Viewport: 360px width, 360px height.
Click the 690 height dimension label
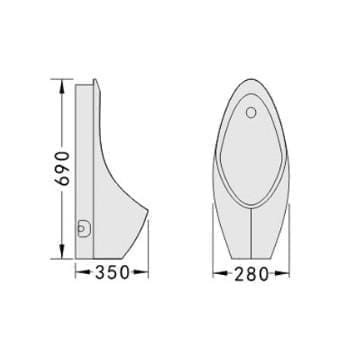(x=62, y=168)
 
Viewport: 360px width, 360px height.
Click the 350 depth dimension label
(x=112, y=273)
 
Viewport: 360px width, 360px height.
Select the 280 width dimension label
(x=251, y=274)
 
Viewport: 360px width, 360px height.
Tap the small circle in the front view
(x=251, y=113)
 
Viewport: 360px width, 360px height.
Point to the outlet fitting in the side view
(x=83, y=229)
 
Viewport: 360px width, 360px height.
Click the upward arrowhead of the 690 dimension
(x=62, y=86)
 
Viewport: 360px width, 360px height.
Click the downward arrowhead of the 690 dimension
(x=62, y=251)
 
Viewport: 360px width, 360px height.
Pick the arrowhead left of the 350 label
(x=82, y=273)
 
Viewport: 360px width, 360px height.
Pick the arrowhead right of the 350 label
(x=141, y=273)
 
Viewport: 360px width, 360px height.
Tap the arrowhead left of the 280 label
(x=220, y=274)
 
